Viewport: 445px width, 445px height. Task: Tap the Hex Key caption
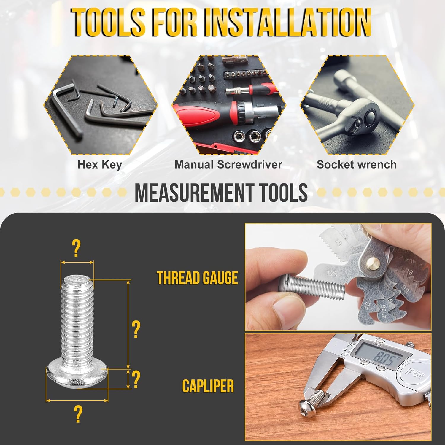tap(100, 165)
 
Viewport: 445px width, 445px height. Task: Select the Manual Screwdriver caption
tap(228, 165)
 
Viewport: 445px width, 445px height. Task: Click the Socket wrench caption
tap(356, 165)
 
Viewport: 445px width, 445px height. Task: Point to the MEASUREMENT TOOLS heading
tap(221, 193)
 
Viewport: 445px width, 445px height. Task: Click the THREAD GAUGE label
tap(197, 278)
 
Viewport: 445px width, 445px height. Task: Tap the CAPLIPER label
tap(208, 386)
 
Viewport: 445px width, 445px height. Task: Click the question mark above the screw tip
tap(76, 249)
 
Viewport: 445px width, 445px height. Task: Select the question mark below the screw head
tap(78, 414)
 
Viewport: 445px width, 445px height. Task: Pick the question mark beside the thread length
tap(136, 329)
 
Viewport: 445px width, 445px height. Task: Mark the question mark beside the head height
tap(136, 379)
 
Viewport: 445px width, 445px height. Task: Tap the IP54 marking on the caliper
tap(415, 372)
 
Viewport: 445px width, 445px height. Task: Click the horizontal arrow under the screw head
tap(77, 401)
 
